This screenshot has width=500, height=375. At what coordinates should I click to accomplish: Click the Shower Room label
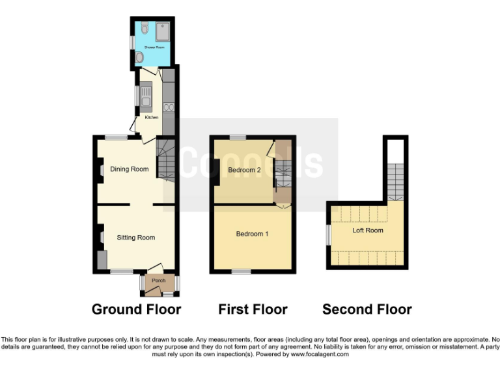pyautogui.click(x=152, y=48)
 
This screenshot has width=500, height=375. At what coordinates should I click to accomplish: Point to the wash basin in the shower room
pyautogui.click(x=139, y=58)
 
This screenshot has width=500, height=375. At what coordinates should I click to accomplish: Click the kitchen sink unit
pyautogui.click(x=146, y=97)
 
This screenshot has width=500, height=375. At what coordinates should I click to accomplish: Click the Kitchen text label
pyautogui.click(x=151, y=118)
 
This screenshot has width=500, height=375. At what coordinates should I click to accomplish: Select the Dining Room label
pyautogui.click(x=129, y=169)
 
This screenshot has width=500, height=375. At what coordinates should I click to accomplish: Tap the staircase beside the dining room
pyautogui.click(x=167, y=163)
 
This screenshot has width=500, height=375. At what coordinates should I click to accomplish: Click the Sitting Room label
pyautogui.click(x=136, y=238)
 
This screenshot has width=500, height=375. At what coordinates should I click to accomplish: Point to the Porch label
pyautogui.click(x=159, y=281)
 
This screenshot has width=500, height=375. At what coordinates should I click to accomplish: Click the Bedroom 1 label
pyautogui.click(x=252, y=234)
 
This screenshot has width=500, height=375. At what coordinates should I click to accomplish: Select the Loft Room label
pyautogui.click(x=368, y=230)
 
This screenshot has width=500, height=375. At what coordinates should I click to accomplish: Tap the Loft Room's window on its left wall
pyautogui.click(x=328, y=235)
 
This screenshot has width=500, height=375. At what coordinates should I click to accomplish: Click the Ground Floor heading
pyautogui.click(x=136, y=309)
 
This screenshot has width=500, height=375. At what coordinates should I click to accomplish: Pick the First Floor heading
pyautogui.click(x=253, y=309)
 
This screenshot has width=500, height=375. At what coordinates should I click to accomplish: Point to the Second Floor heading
pyautogui.click(x=367, y=309)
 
